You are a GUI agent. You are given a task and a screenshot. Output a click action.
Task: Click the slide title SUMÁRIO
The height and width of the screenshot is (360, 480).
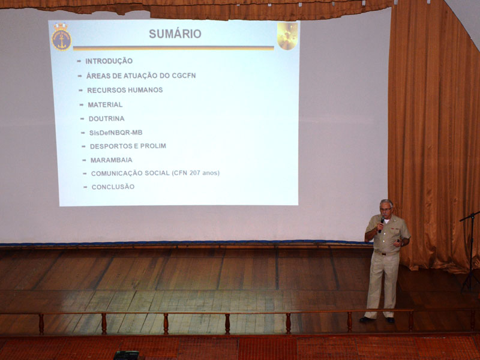click(x=175, y=34)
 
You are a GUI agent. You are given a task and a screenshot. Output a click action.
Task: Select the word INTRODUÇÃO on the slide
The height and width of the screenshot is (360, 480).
click(x=109, y=61)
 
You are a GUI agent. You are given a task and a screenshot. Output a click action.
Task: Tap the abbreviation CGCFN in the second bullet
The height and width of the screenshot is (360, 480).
click(x=184, y=76)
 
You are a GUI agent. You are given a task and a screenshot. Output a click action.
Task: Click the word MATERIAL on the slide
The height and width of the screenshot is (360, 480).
click(x=106, y=104)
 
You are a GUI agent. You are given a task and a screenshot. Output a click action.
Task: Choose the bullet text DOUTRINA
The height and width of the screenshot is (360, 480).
click(x=107, y=118)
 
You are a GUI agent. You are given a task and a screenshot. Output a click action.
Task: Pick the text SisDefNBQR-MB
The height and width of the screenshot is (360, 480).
click(x=116, y=133)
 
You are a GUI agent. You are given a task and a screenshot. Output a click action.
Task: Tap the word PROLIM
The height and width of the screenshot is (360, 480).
click(x=153, y=146)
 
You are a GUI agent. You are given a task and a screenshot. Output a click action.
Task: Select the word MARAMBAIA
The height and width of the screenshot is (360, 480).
click(x=112, y=160)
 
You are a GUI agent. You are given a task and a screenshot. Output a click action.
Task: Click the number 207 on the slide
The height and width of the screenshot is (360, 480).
click(x=194, y=173)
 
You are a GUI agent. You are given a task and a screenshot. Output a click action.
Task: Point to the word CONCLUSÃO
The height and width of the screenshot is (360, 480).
click(x=113, y=187)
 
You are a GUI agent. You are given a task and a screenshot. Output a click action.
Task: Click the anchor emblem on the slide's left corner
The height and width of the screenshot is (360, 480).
click(x=61, y=37)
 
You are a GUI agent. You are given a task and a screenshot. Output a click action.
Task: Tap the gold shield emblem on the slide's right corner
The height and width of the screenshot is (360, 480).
click(x=287, y=36)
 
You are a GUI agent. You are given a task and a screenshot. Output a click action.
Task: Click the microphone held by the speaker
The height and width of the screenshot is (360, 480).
click(x=381, y=224)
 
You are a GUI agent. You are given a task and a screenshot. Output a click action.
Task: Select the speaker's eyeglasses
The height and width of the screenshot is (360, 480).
click(x=386, y=209)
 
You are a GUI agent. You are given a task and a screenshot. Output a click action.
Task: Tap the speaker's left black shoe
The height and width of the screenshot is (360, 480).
click(x=367, y=319)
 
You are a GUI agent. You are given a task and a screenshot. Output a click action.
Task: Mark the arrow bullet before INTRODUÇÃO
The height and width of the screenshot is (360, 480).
click(x=79, y=61)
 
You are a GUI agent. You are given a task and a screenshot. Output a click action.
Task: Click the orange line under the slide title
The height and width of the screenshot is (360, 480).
click(x=173, y=48)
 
